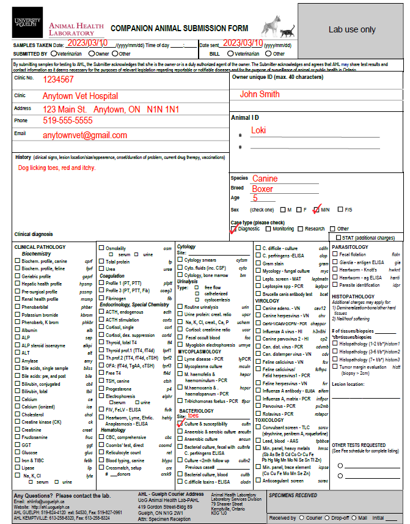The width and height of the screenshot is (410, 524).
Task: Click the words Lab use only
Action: click(x=352, y=29)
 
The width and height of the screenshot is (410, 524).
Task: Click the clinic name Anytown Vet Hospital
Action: click(x=80, y=97)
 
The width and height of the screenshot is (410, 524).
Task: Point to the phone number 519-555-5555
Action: click(x=68, y=121)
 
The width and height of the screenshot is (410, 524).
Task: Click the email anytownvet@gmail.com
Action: click(x=84, y=135)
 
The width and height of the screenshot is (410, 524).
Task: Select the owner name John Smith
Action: click(x=260, y=94)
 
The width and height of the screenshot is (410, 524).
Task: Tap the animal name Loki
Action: click(x=258, y=130)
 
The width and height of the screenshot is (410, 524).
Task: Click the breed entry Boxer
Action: click(x=263, y=188)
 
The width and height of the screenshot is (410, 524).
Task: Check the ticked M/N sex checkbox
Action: click(x=316, y=210)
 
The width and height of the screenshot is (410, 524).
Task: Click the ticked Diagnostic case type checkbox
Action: click(x=233, y=229)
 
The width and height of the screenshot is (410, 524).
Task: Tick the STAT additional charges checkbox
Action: click(x=339, y=237)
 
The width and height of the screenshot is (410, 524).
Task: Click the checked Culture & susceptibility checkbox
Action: click(x=180, y=423)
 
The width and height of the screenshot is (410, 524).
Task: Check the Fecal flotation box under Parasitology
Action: click(x=335, y=254)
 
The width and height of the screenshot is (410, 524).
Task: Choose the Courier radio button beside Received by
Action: click(x=302, y=517)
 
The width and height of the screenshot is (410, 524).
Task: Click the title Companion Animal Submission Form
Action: click(x=179, y=28)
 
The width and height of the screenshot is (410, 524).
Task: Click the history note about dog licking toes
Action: click(x=56, y=168)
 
